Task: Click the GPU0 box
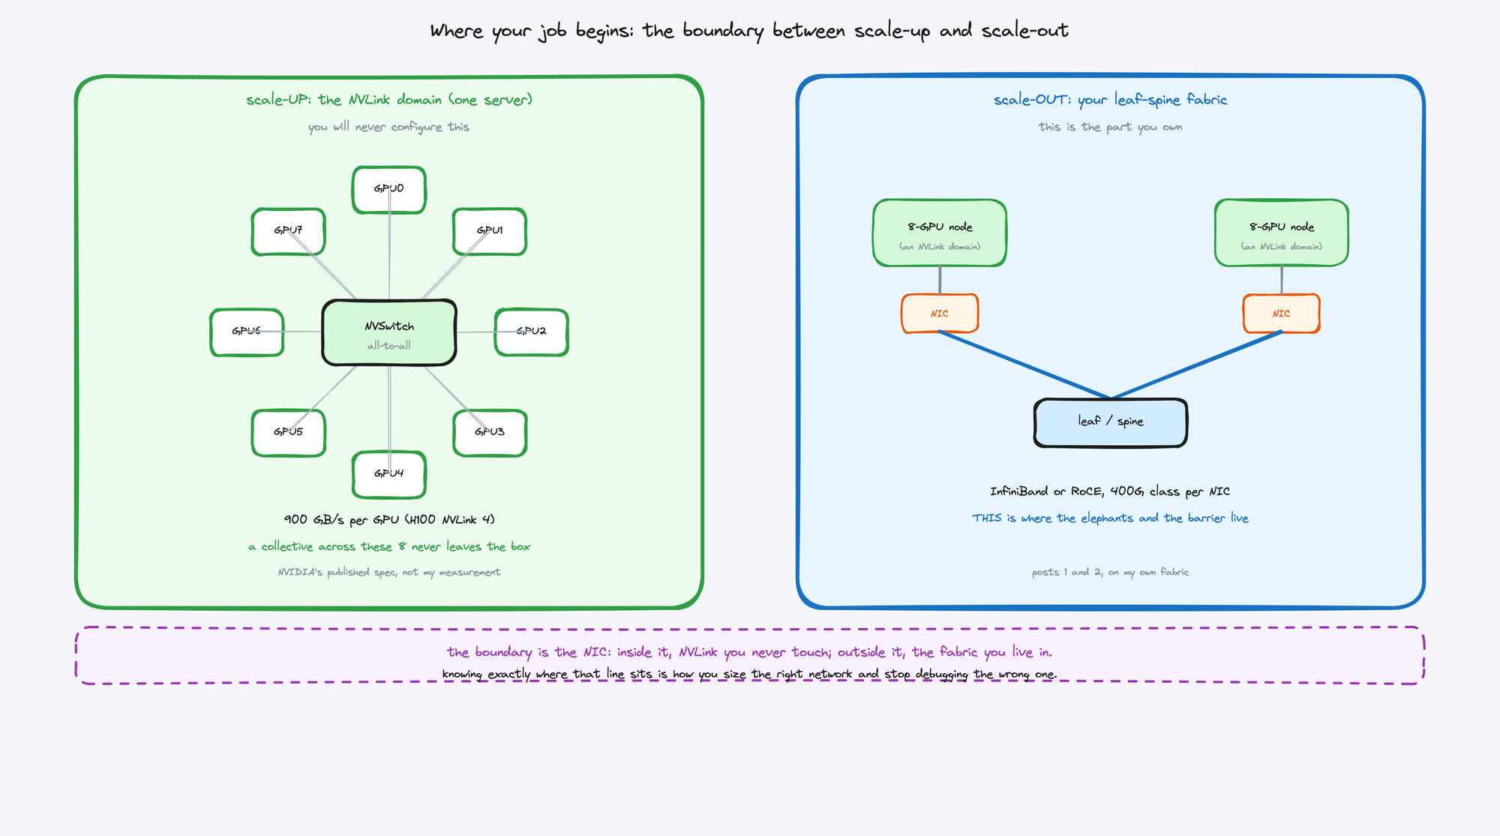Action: [389, 190]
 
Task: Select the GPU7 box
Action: [289, 232]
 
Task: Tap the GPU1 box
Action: [490, 232]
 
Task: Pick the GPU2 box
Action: [532, 332]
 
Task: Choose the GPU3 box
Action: [490, 433]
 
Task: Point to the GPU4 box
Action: [389, 474]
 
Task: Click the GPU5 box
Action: [289, 433]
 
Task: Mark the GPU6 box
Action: [247, 332]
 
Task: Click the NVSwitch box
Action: [389, 332]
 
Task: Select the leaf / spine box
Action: [1111, 423]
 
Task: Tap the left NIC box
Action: [940, 313]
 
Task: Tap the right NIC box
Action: [1282, 313]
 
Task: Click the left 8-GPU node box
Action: [940, 233]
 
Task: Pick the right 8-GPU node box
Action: [1282, 233]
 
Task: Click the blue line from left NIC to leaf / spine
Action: [1025, 365]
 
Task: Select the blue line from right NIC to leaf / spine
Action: [1196, 365]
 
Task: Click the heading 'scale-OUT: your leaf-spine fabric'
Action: [1111, 100]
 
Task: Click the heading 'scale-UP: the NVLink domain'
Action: [344, 100]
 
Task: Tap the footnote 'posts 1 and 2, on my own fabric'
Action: [1111, 572]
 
